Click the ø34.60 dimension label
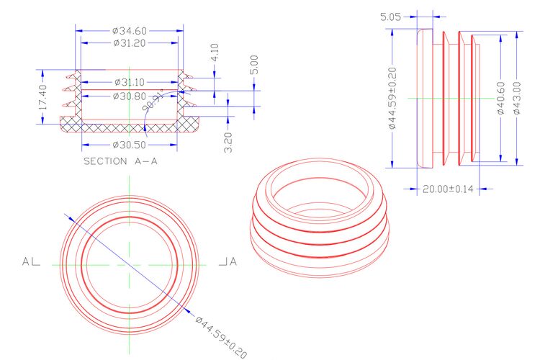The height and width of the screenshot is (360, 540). (x=130, y=31)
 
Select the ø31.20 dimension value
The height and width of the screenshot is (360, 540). (x=130, y=43)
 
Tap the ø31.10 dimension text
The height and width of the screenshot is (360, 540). (x=130, y=82)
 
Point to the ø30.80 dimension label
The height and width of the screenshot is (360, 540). (x=130, y=96)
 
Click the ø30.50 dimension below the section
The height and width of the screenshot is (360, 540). (x=130, y=145)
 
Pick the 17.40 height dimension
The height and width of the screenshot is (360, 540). (x=42, y=97)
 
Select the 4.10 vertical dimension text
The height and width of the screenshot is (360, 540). (x=215, y=53)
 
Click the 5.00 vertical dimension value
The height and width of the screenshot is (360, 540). (x=254, y=65)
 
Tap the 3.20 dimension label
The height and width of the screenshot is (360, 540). (x=228, y=143)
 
